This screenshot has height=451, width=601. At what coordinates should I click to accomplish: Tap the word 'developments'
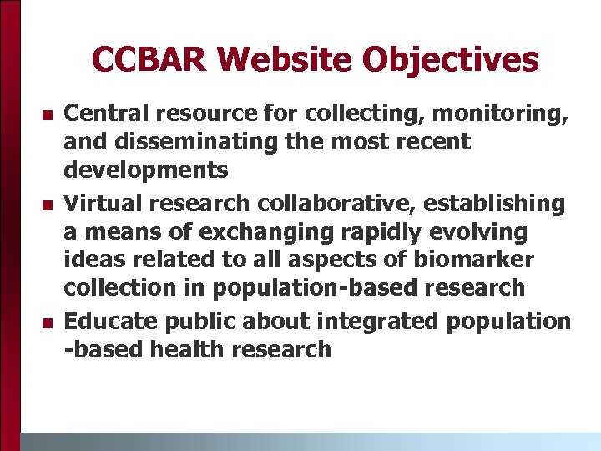[146, 171]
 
